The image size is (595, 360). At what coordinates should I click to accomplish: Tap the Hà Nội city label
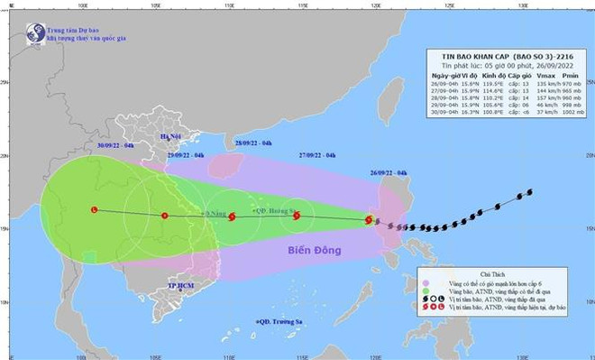pos(171,136)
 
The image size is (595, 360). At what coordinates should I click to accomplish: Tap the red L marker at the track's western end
pos(95,209)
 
